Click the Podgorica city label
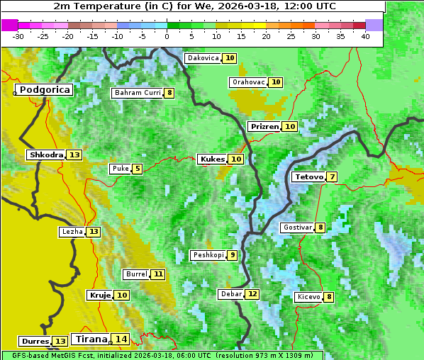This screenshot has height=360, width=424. click(45, 90)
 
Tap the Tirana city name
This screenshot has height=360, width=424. click(91, 339)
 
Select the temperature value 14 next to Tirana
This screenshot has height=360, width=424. click(122, 339)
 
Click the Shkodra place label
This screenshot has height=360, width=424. click(46, 154)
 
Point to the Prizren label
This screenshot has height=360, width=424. click(264, 126)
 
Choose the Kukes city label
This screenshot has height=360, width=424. click(212, 159)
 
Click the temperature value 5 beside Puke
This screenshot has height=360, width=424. click(137, 169)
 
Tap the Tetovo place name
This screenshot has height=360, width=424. click(309, 176)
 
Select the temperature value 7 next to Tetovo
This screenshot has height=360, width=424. click(333, 176)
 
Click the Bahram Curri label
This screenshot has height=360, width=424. click(138, 93)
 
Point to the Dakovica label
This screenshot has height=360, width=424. click(202, 58)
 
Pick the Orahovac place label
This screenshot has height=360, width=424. click(248, 82)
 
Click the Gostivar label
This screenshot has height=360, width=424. click(297, 227)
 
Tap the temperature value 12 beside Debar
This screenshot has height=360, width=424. click(252, 294)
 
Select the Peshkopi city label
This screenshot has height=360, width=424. click(208, 255)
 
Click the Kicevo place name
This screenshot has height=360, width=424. click(308, 297)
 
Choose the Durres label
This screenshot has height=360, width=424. click(35, 342)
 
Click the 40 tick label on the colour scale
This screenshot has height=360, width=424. click(365, 36)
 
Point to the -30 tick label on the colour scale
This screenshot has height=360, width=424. click(18, 36)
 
